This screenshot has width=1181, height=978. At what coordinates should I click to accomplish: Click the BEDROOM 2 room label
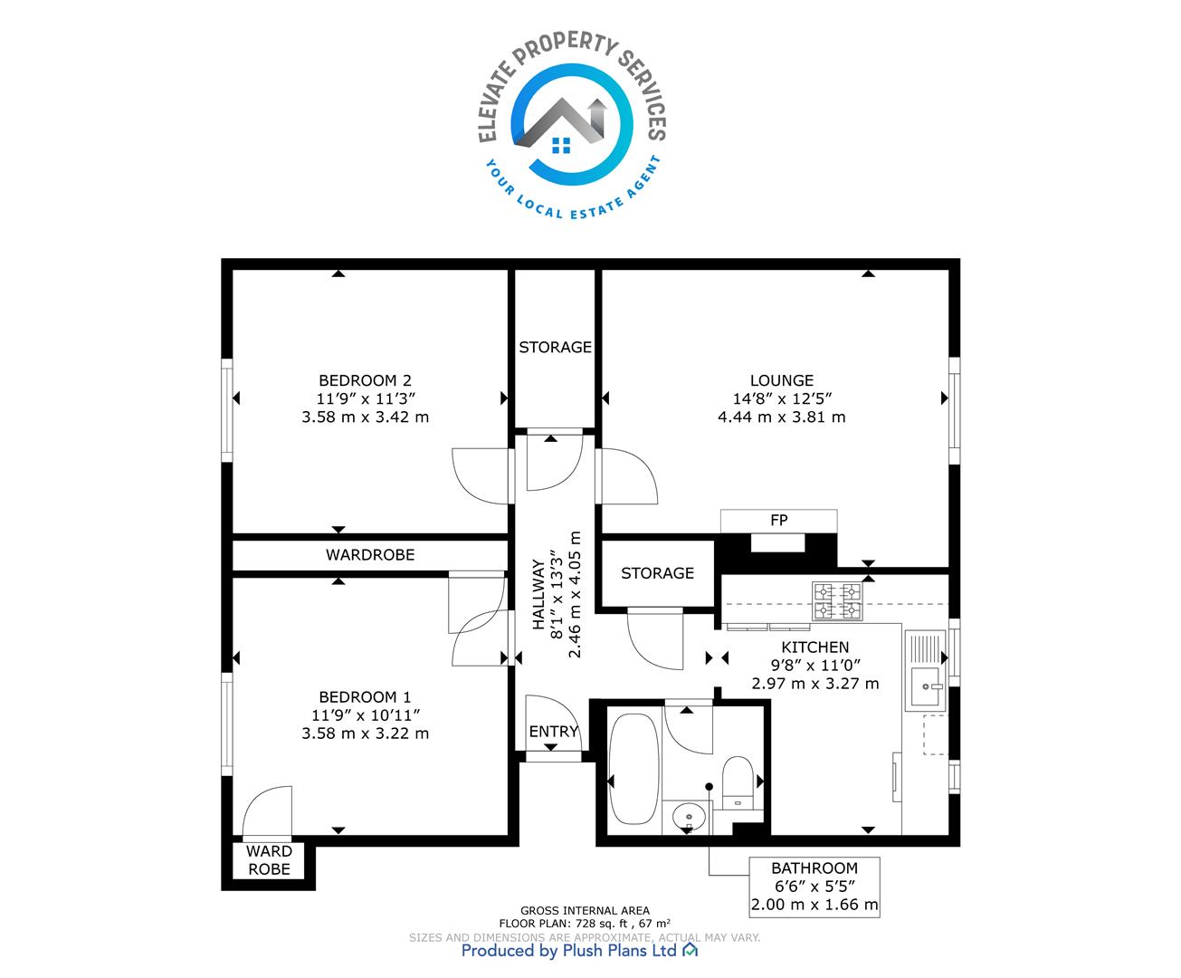click(x=365, y=380)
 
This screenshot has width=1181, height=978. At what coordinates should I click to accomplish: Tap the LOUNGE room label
click(x=782, y=380)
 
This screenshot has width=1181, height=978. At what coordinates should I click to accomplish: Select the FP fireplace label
click(x=779, y=520)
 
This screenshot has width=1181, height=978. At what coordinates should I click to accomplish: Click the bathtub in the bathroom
click(x=634, y=768)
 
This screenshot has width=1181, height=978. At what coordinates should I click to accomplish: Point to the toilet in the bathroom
click(x=738, y=782)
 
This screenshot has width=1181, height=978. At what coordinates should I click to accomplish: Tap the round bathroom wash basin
click(x=689, y=817)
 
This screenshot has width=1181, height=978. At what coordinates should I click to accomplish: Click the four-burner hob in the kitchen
click(x=837, y=601)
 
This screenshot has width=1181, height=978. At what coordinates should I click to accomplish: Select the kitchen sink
click(x=925, y=670)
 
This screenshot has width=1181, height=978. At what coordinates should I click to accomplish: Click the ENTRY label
click(x=553, y=732)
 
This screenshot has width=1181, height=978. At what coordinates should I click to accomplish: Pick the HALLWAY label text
click(x=538, y=594)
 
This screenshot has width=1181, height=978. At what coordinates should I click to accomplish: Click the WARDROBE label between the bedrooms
click(x=370, y=554)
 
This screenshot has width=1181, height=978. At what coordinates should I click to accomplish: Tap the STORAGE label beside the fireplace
click(x=657, y=573)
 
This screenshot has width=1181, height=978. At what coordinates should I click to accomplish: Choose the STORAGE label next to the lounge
click(x=555, y=347)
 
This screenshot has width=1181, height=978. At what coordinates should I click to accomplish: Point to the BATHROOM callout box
click(x=814, y=887)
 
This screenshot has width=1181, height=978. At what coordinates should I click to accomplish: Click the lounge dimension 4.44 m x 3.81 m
click(x=782, y=417)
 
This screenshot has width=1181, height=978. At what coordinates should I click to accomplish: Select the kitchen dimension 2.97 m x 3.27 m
click(x=815, y=684)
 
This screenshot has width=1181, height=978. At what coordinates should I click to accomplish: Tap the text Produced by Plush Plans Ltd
click(x=569, y=950)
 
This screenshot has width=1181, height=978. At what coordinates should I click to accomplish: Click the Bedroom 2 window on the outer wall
click(x=227, y=409)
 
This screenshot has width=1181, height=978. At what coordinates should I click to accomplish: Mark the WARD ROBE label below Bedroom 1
click(x=270, y=860)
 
